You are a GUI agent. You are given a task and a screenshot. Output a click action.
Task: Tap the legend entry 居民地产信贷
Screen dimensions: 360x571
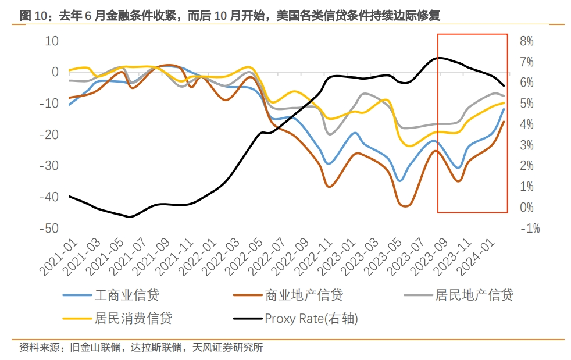coord(474,295)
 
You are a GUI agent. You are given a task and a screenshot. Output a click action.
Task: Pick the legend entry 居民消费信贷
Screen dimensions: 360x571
coord(133,318)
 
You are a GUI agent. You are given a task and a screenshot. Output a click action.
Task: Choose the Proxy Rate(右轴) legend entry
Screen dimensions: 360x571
coord(311,318)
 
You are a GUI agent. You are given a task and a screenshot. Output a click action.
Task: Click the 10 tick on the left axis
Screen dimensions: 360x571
coord(52,41)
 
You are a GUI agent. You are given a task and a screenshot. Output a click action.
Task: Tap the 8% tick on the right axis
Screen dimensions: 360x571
coord(527,41)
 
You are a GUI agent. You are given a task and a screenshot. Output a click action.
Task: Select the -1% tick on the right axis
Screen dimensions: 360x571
coord(529,228)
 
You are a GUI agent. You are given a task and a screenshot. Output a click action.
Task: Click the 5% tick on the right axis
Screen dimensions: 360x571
coord(527,104)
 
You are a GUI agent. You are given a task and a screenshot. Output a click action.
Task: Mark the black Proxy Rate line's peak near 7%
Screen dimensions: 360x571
coord(440,58)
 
